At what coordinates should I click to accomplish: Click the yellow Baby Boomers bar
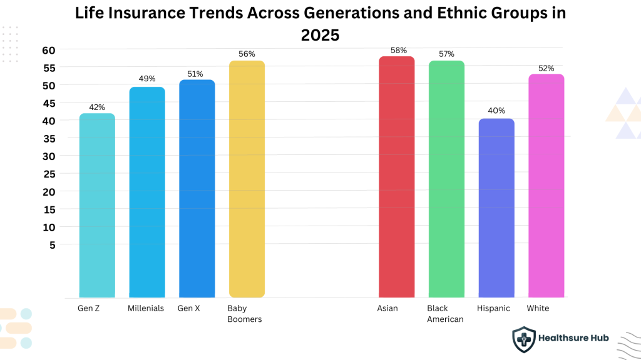pyautogui.click(x=247, y=181)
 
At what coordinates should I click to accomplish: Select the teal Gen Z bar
pyautogui.click(x=97, y=206)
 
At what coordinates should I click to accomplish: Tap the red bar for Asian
pyautogui.click(x=396, y=178)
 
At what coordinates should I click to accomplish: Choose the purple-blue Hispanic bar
pyautogui.click(x=496, y=209)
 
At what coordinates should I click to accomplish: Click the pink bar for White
pyautogui.click(x=546, y=187)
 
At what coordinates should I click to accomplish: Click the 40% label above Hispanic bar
pyautogui.click(x=496, y=111)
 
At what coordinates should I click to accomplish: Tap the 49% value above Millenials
pyautogui.click(x=147, y=79)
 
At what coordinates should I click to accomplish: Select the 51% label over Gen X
pyautogui.click(x=195, y=74)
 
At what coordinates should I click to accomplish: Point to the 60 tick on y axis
pyautogui.click(x=49, y=50)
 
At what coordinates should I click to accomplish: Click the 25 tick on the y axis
pyautogui.click(x=49, y=174)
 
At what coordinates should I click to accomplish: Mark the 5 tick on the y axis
pyautogui.click(x=53, y=245)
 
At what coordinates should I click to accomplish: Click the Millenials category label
pyautogui.click(x=146, y=308)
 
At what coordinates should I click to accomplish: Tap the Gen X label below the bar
pyautogui.click(x=189, y=308)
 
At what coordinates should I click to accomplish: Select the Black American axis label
pyautogui.click(x=445, y=314)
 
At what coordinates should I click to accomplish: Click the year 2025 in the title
pyautogui.click(x=320, y=36)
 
